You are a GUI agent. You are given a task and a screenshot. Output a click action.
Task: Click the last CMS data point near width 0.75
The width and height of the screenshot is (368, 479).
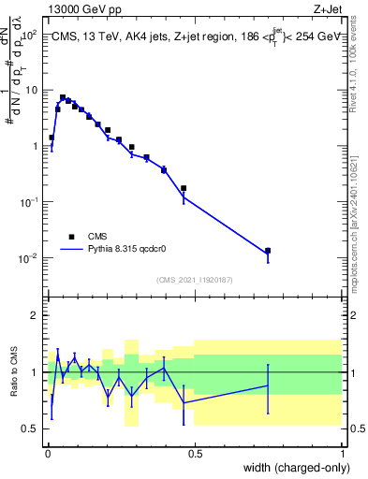pos(268,251)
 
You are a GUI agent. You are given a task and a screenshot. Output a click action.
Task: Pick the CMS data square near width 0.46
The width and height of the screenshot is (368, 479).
pos(184,188)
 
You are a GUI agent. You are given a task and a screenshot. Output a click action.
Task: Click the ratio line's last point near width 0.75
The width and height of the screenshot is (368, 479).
pos(268,385)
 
